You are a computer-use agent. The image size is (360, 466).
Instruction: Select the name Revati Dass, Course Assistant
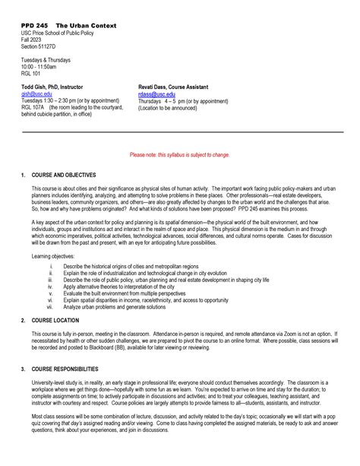click(178, 87)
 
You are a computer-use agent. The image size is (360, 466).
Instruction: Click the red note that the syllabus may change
click(180, 154)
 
